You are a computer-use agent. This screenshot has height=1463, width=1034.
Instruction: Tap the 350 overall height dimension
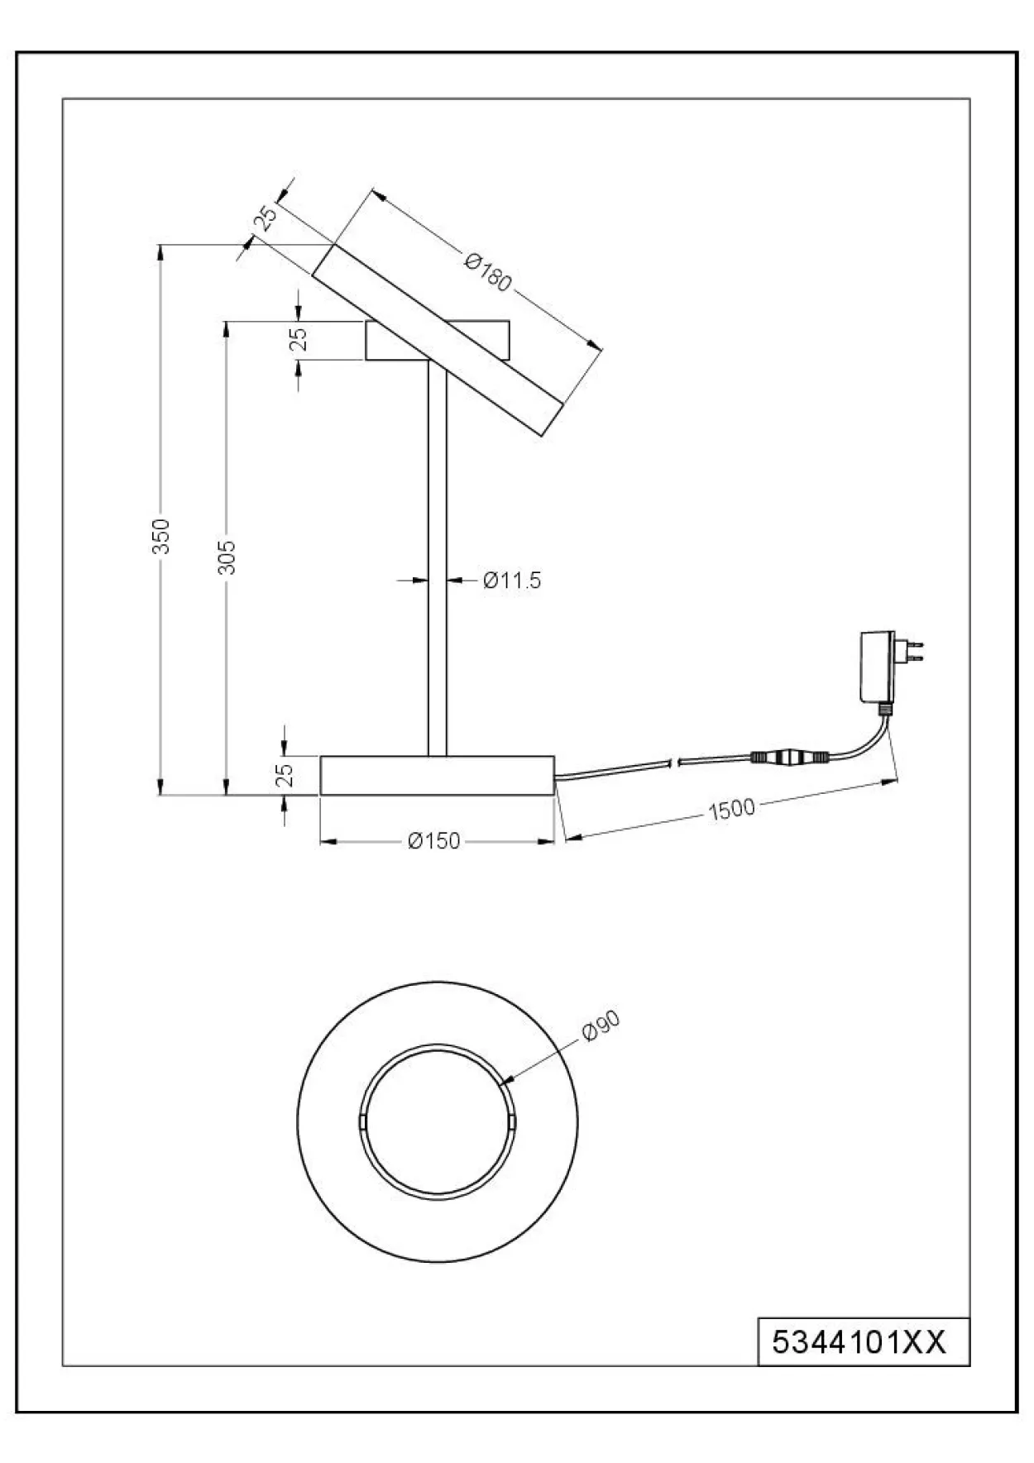(x=162, y=535)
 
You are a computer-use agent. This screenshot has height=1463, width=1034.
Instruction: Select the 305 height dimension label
(x=227, y=557)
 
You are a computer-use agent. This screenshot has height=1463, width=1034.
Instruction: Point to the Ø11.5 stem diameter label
(x=512, y=581)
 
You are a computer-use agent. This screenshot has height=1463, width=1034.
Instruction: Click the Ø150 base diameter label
(x=434, y=841)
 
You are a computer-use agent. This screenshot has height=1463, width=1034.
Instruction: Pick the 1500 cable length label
(x=732, y=808)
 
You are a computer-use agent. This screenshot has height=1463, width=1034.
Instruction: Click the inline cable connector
(x=789, y=757)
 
